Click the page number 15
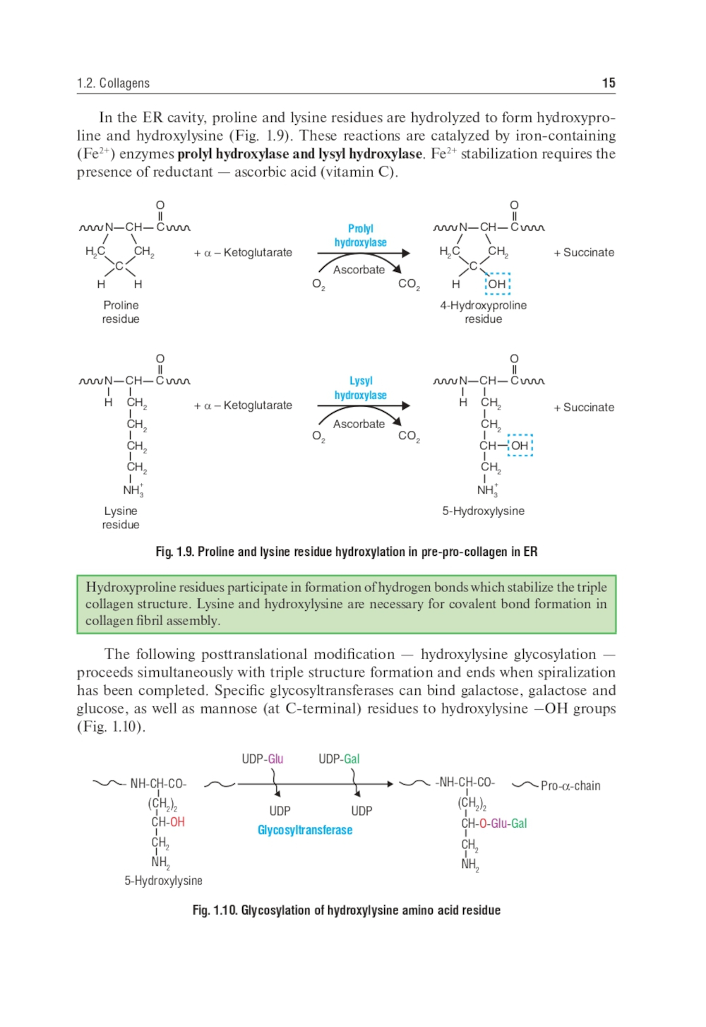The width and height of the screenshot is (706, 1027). (x=608, y=83)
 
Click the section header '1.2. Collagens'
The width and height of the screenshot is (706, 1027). (x=113, y=83)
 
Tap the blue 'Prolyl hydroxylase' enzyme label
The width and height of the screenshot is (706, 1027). (x=360, y=236)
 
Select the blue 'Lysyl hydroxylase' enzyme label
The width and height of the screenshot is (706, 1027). (x=360, y=388)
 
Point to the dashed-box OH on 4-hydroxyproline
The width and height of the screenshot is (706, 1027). (x=497, y=284)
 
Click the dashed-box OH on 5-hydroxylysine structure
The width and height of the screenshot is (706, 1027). (x=520, y=446)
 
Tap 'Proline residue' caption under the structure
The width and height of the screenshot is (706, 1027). (x=121, y=312)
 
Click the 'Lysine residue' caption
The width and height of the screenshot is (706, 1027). (x=121, y=518)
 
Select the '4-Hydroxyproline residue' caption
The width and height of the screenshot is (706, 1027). (x=483, y=312)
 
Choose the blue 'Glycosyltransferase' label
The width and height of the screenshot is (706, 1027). (x=305, y=830)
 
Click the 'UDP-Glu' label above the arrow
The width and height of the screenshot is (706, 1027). (x=262, y=759)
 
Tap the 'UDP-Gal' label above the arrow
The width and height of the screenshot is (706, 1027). (x=339, y=759)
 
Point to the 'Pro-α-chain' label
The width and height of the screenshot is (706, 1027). (x=570, y=785)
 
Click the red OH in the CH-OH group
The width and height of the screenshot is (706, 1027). (x=177, y=822)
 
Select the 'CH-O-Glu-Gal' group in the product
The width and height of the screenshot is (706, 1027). (x=494, y=824)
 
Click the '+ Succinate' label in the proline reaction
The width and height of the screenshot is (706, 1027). (x=584, y=252)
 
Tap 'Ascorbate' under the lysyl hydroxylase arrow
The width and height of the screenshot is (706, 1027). (x=359, y=424)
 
